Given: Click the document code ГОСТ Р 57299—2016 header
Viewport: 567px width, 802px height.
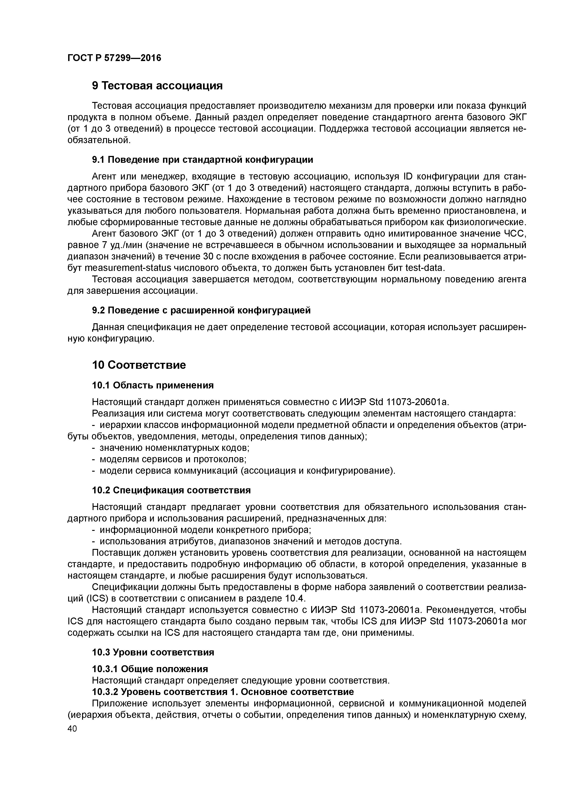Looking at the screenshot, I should tap(114, 58).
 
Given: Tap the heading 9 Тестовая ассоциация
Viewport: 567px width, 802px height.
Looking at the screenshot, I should tap(157, 86).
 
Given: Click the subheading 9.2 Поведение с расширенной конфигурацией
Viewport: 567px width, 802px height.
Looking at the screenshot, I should tap(201, 310).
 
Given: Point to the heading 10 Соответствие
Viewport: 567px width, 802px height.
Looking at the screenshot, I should tap(139, 365).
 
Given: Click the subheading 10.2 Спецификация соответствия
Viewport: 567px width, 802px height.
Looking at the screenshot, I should tap(171, 490).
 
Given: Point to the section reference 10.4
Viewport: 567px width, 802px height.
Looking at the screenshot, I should tap(295, 598).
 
